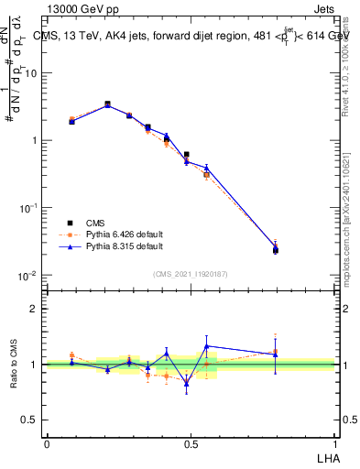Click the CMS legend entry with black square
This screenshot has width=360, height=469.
tap(92, 223)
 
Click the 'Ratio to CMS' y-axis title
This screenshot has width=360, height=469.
tap(14, 365)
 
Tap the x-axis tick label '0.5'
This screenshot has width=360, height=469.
tap(191, 443)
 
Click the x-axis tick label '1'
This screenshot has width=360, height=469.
tap(335, 443)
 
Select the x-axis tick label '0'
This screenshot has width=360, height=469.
tap(47, 443)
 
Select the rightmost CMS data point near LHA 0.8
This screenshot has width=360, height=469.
tap(276, 249)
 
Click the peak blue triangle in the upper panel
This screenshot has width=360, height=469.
tap(107, 105)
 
